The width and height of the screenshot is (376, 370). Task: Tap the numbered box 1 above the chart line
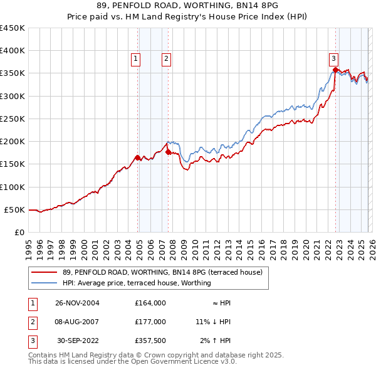click(x=136, y=59)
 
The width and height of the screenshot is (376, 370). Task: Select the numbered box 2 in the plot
click(x=167, y=59)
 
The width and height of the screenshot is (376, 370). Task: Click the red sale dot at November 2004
click(x=138, y=157)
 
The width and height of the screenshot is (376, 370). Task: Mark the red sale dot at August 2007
click(x=168, y=152)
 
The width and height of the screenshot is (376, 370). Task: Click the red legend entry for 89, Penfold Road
click(x=166, y=272)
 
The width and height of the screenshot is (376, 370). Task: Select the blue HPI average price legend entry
click(x=137, y=283)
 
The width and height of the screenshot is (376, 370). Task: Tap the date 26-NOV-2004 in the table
click(x=77, y=303)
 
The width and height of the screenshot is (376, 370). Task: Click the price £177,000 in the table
click(x=150, y=321)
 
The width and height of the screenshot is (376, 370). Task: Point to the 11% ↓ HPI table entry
click(x=213, y=321)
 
